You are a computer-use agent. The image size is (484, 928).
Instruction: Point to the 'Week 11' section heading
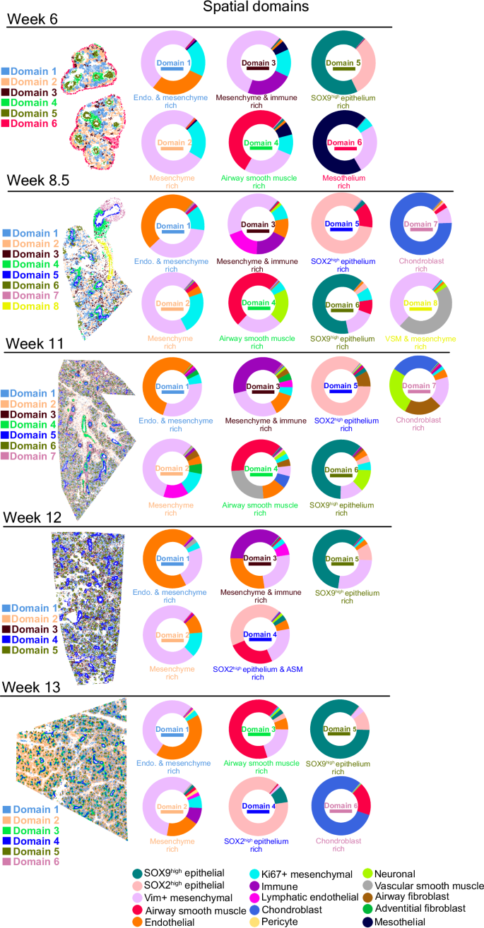click(x=35, y=344)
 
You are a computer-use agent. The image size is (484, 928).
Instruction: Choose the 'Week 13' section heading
click(x=35, y=687)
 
